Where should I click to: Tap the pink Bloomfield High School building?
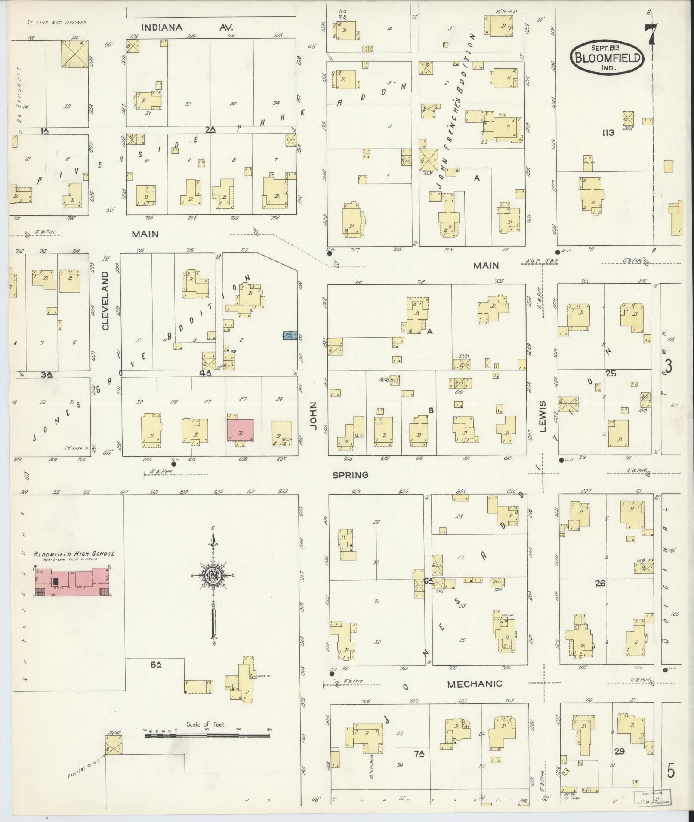click(72, 581)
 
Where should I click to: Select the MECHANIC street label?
click(475, 684)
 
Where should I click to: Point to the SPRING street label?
click(350, 475)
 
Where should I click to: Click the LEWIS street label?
click(543, 416)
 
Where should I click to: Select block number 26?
click(600, 583)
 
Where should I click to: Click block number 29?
click(619, 752)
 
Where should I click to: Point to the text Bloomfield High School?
click(74, 554)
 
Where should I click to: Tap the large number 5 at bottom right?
click(671, 770)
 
